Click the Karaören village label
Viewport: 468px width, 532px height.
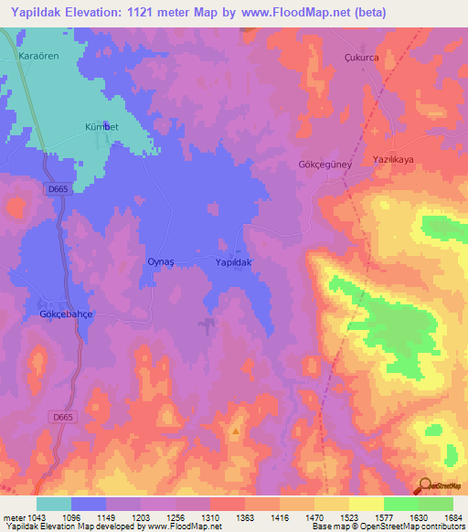[38, 56]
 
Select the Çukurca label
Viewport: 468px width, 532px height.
[360, 55]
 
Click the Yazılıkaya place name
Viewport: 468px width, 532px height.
[394, 159]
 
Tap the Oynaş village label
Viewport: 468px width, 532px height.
[161, 261]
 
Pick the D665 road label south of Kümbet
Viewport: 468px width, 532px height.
[58, 189]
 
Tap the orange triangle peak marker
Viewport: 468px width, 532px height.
[236, 431]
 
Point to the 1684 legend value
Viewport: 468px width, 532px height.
[453, 517]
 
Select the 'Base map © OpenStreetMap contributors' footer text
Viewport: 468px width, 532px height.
[388, 527]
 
